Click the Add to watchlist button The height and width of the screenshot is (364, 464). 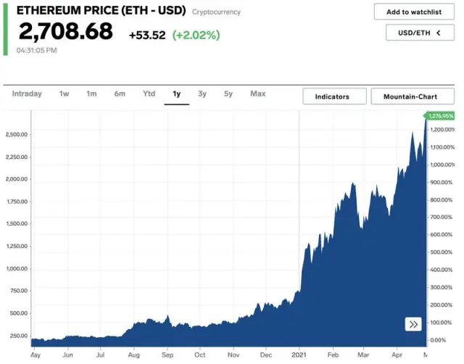click(x=413, y=12)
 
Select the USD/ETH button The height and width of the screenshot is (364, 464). click(x=413, y=33)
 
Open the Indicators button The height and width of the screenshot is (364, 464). click(x=331, y=96)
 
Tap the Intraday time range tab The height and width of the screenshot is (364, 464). click(x=27, y=94)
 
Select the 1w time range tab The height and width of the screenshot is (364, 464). click(x=64, y=94)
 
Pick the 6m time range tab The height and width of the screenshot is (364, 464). click(x=120, y=94)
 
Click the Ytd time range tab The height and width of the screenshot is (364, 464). click(x=149, y=94)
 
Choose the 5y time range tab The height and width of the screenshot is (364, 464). click(x=228, y=94)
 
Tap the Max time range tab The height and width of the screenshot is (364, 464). click(x=257, y=94)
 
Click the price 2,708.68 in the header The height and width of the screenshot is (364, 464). click(x=65, y=33)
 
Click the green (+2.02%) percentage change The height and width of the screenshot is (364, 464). click(x=196, y=35)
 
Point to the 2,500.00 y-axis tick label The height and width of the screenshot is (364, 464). click(x=16, y=134)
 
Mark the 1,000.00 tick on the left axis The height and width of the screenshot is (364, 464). click(x=16, y=268)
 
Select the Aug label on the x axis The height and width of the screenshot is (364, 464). click(x=133, y=355)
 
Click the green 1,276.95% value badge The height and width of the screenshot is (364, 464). click(x=441, y=116)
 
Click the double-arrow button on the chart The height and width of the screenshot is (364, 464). click(x=413, y=324)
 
